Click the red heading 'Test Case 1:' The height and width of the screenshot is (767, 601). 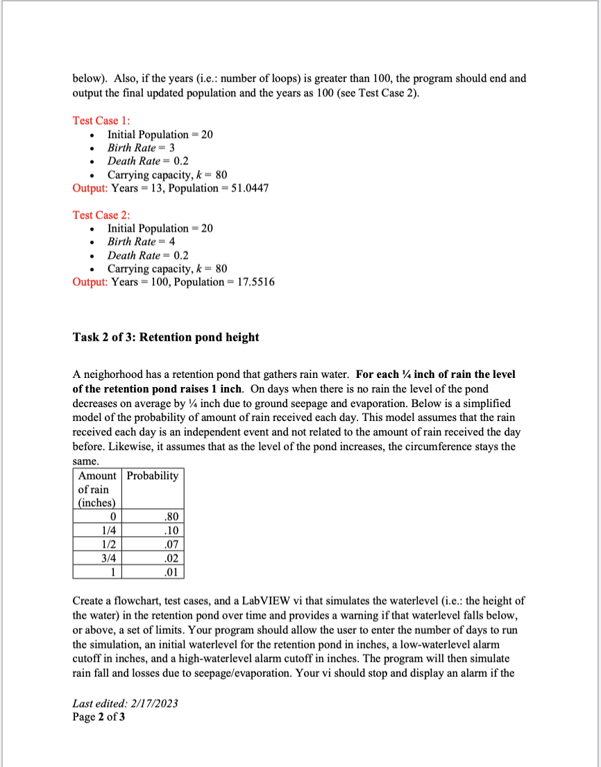click(96, 121)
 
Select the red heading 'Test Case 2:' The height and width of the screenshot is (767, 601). click(96, 215)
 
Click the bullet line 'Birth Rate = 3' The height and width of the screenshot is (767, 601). click(141, 148)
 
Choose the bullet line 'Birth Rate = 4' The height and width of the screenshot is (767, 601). click(141, 241)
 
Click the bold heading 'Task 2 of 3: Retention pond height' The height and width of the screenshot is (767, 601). click(166, 337)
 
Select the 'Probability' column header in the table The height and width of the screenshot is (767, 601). click(153, 476)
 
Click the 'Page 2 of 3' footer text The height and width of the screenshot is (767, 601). click(99, 716)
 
